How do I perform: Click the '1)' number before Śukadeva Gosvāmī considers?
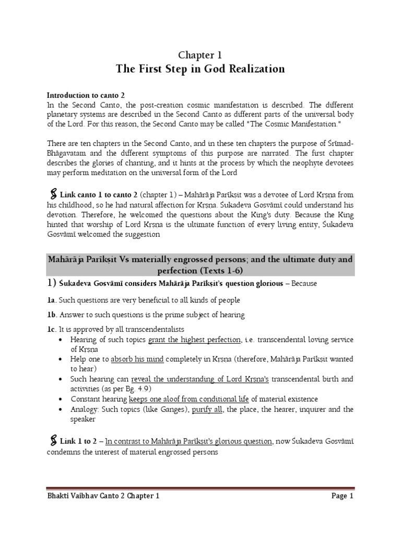click(53, 283)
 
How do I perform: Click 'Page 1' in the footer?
click(342, 496)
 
